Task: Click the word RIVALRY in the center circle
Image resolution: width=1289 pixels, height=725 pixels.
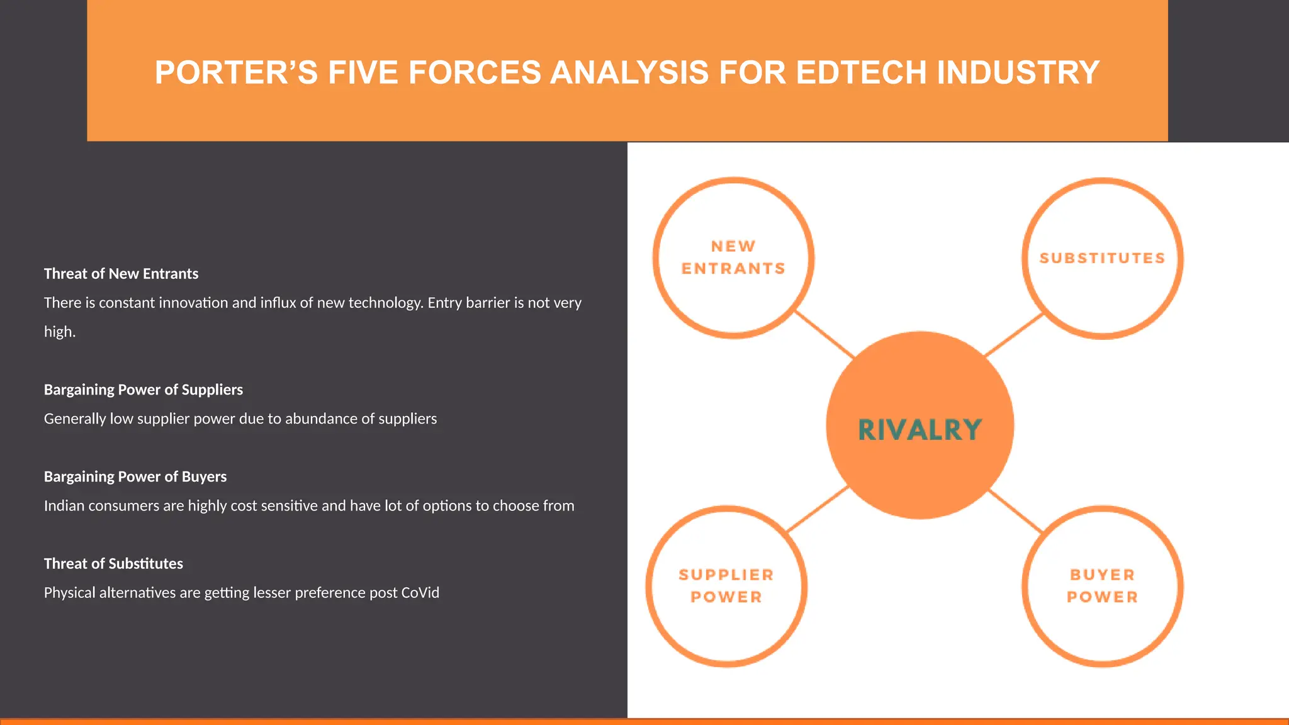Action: coord(920,430)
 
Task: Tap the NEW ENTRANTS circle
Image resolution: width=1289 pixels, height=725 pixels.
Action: coord(733,258)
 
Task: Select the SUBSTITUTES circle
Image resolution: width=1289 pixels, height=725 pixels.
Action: coord(1102,258)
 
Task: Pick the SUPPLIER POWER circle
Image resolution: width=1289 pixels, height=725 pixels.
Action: coord(726,586)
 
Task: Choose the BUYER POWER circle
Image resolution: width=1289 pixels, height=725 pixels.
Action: coord(1102,586)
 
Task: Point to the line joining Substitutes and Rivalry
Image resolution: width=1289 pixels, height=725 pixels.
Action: coord(1014,335)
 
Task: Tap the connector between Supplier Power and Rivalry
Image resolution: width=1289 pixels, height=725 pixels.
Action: coord(818,509)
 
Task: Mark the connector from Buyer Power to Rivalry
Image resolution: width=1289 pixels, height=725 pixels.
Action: coord(1016,511)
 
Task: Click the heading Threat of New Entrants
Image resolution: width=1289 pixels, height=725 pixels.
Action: coord(121,274)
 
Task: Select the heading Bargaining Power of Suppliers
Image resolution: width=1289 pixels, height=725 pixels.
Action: coord(144,390)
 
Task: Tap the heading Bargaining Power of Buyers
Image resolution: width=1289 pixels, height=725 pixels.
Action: coord(135,476)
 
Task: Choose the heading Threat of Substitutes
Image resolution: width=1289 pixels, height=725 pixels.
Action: coord(113,563)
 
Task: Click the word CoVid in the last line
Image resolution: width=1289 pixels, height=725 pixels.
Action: coord(420,593)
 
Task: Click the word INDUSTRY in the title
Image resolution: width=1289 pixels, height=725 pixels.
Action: coord(1018,72)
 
